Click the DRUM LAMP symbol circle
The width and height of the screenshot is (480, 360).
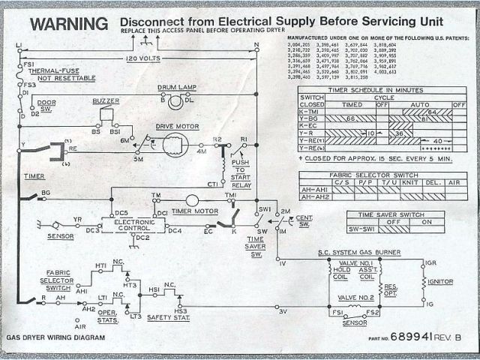point(174,101)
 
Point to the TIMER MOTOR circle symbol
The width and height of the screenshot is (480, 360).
point(192,200)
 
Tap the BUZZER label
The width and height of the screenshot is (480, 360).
point(106,100)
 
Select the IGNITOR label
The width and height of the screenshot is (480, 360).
point(436,280)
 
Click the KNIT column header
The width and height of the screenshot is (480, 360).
point(409,181)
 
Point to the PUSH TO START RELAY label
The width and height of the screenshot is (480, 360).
point(241,172)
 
